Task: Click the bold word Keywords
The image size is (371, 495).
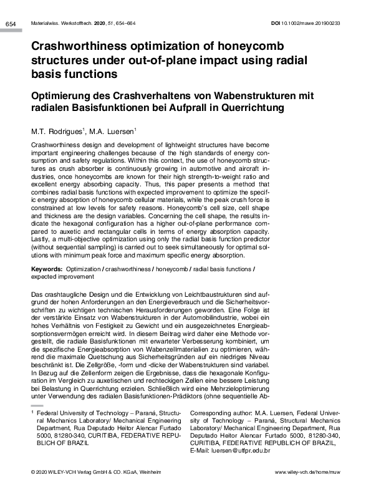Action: click(46, 268)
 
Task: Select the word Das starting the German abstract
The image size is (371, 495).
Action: click(37, 293)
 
